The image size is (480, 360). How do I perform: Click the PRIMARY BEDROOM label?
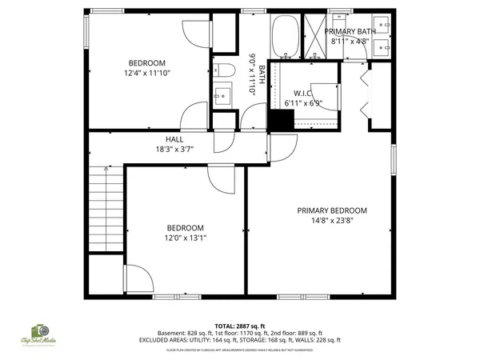(332, 210)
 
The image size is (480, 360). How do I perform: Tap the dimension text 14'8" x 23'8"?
(332, 221)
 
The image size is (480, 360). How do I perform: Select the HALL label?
(174, 138)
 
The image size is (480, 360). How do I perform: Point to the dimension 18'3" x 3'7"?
(174, 149)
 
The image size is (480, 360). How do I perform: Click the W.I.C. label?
(303, 93)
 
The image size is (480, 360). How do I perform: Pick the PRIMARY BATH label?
(350, 30)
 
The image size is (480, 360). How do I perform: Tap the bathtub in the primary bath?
(286, 36)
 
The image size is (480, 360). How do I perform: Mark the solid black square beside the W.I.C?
(278, 120)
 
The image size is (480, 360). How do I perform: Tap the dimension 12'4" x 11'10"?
(146, 73)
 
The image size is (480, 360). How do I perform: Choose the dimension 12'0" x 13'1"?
(185, 237)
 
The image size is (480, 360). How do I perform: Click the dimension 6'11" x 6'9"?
(303, 103)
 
